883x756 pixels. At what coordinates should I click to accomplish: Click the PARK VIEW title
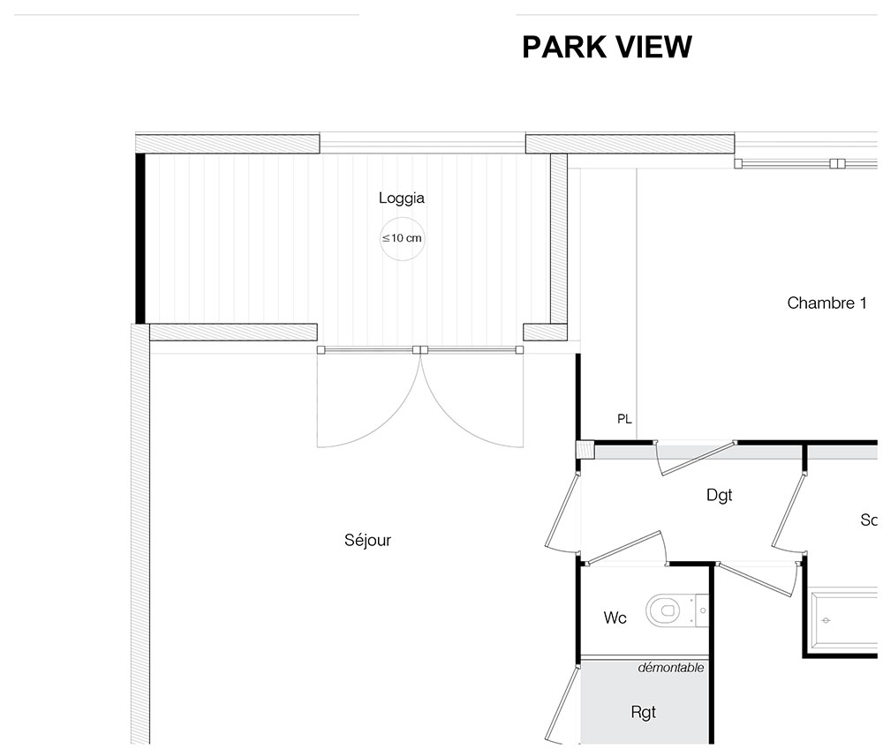(x=607, y=47)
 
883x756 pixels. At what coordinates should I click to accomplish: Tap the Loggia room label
(x=402, y=198)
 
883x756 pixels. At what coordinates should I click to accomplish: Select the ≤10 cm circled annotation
(x=402, y=238)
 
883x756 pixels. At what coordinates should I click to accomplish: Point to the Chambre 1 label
(x=826, y=303)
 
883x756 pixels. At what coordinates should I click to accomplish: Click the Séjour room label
(x=367, y=540)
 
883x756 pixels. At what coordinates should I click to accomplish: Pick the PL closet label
(x=624, y=419)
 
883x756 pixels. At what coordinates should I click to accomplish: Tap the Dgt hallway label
(x=719, y=495)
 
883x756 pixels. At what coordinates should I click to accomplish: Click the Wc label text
(x=615, y=618)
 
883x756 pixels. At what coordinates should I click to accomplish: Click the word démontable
(x=671, y=668)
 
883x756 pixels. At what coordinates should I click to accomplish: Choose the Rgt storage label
(x=643, y=713)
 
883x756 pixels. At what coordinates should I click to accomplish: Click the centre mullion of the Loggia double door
(x=420, y=350)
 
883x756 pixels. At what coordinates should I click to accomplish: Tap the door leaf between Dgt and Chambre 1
(x=698, y=459)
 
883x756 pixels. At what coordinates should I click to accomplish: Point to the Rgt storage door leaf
(x=562, y=704)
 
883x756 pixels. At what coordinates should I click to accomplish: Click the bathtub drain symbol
(x=826, y=620)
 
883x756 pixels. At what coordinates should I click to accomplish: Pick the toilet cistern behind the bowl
(x=702, y=610)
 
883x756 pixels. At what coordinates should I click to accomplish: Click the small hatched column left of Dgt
(x=585, y=449)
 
